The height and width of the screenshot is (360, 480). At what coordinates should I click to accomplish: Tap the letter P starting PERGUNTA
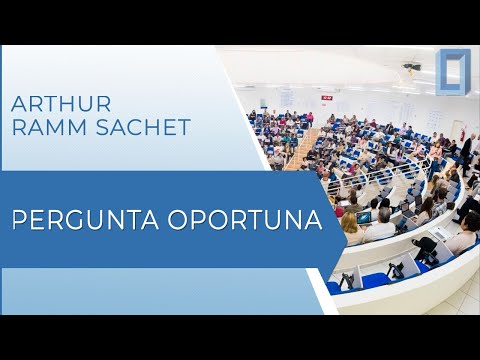(19, 219)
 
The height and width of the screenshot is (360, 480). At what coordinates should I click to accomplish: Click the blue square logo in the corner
(452, 73)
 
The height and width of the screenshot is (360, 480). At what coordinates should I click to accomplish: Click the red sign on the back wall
(325, 95)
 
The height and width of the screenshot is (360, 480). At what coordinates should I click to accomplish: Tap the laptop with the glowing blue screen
(364, 217)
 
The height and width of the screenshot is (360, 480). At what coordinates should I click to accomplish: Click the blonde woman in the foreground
(351, 229)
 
